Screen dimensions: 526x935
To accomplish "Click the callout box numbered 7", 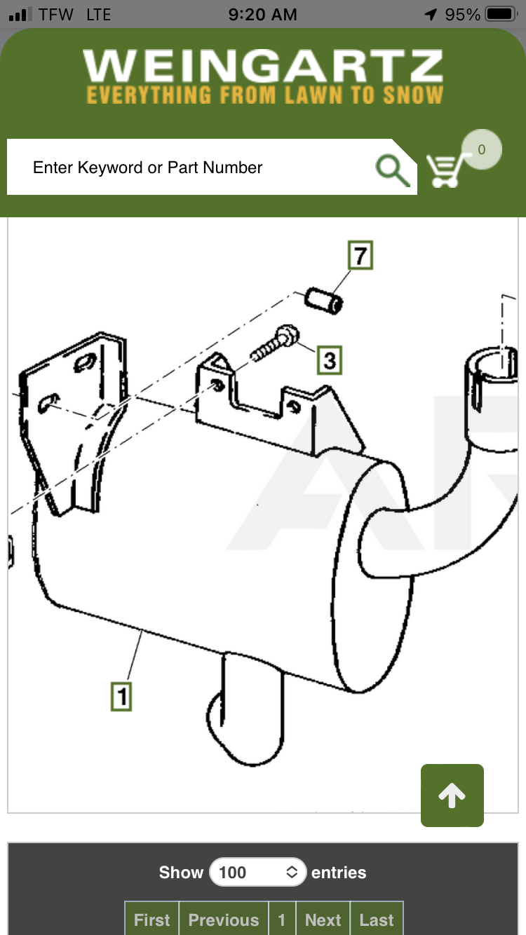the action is (360, 255).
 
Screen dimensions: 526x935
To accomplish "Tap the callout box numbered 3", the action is (330, 360).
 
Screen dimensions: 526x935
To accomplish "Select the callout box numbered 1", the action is (121, 696).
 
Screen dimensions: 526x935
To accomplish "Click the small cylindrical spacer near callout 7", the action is (324, 301).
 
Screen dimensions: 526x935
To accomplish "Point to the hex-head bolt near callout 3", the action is (275, 343).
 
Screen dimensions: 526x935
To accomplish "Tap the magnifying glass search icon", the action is (392, 170).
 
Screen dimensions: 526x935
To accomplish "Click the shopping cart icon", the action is (445, 170).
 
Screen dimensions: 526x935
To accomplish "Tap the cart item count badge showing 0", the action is (481, 149).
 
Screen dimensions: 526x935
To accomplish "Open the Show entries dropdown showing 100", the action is (258, 872).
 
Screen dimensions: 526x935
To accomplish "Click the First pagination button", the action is (151, 920).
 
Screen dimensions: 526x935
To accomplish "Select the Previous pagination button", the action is (224, 920).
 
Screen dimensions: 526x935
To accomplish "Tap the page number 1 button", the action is (282, 920).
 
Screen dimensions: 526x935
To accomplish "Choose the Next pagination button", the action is (323, 920).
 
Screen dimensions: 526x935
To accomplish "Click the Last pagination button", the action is (377, 920).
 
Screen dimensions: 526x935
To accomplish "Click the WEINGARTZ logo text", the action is (263, 65).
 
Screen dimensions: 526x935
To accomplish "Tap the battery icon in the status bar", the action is (501, 14).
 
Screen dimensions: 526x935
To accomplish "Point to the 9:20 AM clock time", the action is (263, 15).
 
